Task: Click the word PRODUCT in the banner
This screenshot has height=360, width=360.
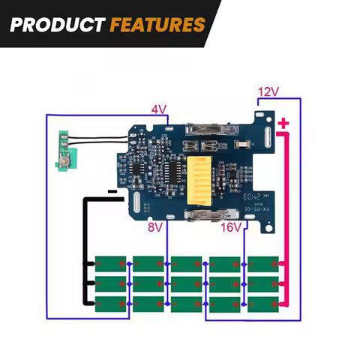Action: pyautogui.click(x=57, y=24)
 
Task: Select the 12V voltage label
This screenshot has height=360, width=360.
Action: pyautogui.click(x=268, y=92)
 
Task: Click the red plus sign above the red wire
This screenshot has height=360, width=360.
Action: pyautogui.click(x=283, y=124)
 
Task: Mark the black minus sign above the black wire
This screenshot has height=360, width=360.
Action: pyautogui.click(x=112, y=192)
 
